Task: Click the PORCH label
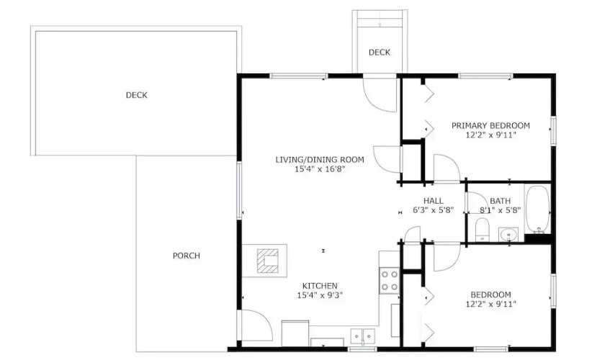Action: [186, 256]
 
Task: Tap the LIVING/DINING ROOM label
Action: [320, 160]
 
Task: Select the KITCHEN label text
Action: [320, 286]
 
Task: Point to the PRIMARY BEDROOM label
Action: [490, 125]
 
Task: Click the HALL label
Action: [433, 201]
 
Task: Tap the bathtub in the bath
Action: [537, 209]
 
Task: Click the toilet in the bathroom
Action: [482, 230]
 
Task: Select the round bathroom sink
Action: [508, 235]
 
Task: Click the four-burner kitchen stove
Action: [390, 280]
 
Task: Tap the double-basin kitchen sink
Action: [362, 336]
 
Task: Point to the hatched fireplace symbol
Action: [268, 261]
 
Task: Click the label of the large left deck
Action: [137, 95]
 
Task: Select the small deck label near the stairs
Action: [380, 52]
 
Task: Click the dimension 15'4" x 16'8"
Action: [320, 169]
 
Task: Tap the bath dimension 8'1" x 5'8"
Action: [500, 210]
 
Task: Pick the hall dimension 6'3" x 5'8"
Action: [433, 210]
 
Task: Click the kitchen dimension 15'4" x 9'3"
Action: [320, 295]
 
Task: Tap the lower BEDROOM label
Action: [490, 294]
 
